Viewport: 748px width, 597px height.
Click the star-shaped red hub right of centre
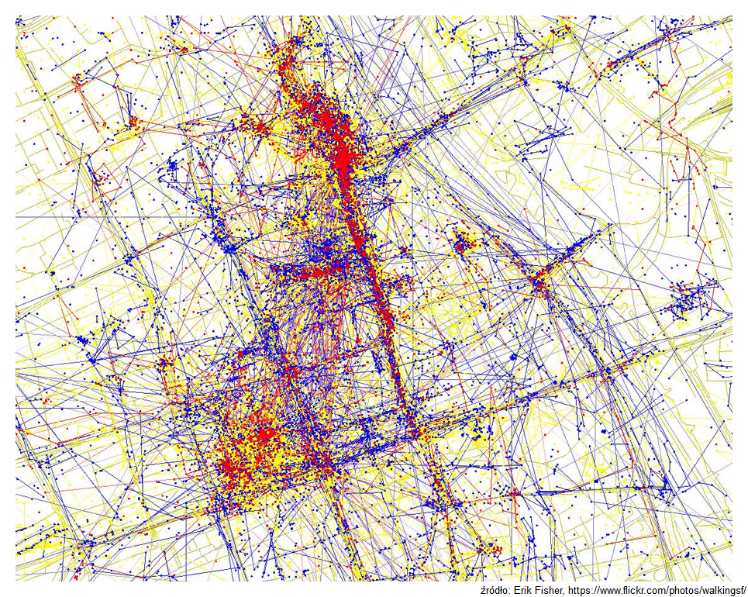[540, 281]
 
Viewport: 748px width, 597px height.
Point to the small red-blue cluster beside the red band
[464, 244]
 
